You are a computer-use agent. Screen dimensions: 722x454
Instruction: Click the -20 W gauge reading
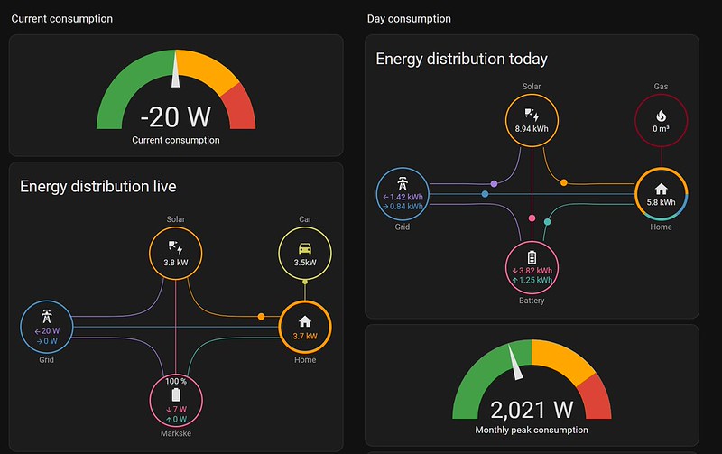click(x=175, y=117)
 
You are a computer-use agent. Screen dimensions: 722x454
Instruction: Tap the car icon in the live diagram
click(x=305, y=248)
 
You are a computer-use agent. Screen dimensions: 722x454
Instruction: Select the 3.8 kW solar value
click(x=176, y=263)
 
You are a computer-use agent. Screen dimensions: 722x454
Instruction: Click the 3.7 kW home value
click(x=305, y=336)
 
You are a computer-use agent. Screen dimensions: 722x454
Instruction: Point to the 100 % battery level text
click(x=176, y=381)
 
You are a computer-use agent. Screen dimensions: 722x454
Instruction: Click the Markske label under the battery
click(x=176, y=433)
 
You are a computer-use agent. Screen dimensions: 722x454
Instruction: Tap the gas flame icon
click(x=661, y=116)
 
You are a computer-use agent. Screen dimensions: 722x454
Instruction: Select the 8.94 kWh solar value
click(x=532, y=129)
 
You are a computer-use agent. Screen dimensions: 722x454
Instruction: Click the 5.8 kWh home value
click(x=661, y=202)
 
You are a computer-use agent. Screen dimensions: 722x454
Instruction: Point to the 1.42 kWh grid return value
click(x=403, y=197)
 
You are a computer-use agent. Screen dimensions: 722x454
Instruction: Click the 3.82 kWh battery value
click(x=532, y=270)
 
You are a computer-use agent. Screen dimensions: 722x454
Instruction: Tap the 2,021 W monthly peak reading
click(x=532, y=410)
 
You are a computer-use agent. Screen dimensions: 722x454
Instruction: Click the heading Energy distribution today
click(x=461, y=59)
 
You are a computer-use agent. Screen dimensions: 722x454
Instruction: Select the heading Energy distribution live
click(x=98, y=187)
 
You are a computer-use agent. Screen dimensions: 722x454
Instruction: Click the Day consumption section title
click(x=409, y=19)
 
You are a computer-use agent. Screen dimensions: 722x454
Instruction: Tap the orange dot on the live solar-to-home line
click(x=261, y=316)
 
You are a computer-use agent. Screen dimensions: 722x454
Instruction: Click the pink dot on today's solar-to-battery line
click(x=532, y=218)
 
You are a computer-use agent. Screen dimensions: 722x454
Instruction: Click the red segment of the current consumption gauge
click(x=240, y=107)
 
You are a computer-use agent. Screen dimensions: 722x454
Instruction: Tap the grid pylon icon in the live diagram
click(x=47, y=316)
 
